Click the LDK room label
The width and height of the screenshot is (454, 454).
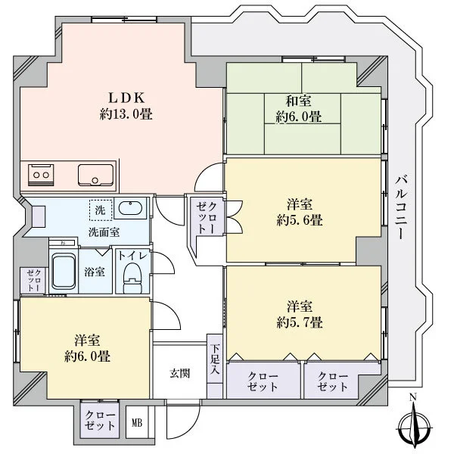[x=126, y=98]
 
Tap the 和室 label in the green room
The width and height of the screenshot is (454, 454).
[x=299, y=101]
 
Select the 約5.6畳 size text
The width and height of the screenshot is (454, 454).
[x=300, y=221]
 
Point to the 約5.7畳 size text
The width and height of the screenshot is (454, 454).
[x=300, y=322]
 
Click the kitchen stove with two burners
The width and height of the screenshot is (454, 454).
[x=41, y=175]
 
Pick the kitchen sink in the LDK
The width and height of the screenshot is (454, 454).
[x=95, y=176]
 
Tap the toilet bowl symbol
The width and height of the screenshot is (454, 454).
[x=132, y=278]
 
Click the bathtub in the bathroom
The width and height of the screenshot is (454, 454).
[x=64, y=272]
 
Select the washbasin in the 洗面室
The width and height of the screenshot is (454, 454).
[x=130, y=208]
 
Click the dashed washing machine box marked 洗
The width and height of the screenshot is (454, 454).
[x=101, y=210]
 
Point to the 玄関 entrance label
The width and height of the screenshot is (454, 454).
[x=180, y=374]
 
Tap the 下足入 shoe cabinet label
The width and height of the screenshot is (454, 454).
[x=215, y=359]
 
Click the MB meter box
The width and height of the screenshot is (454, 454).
[x=137, y=423]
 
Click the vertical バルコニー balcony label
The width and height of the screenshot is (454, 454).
[x=401, y=207]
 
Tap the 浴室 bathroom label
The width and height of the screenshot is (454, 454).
[x=95, y=272]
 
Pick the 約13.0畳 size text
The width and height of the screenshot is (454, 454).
[x=126, y=114]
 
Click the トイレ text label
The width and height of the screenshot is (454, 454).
[x=133, y=256]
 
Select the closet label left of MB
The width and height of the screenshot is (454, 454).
[x=100, y=421]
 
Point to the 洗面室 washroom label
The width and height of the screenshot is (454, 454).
[x=104, y=232]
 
